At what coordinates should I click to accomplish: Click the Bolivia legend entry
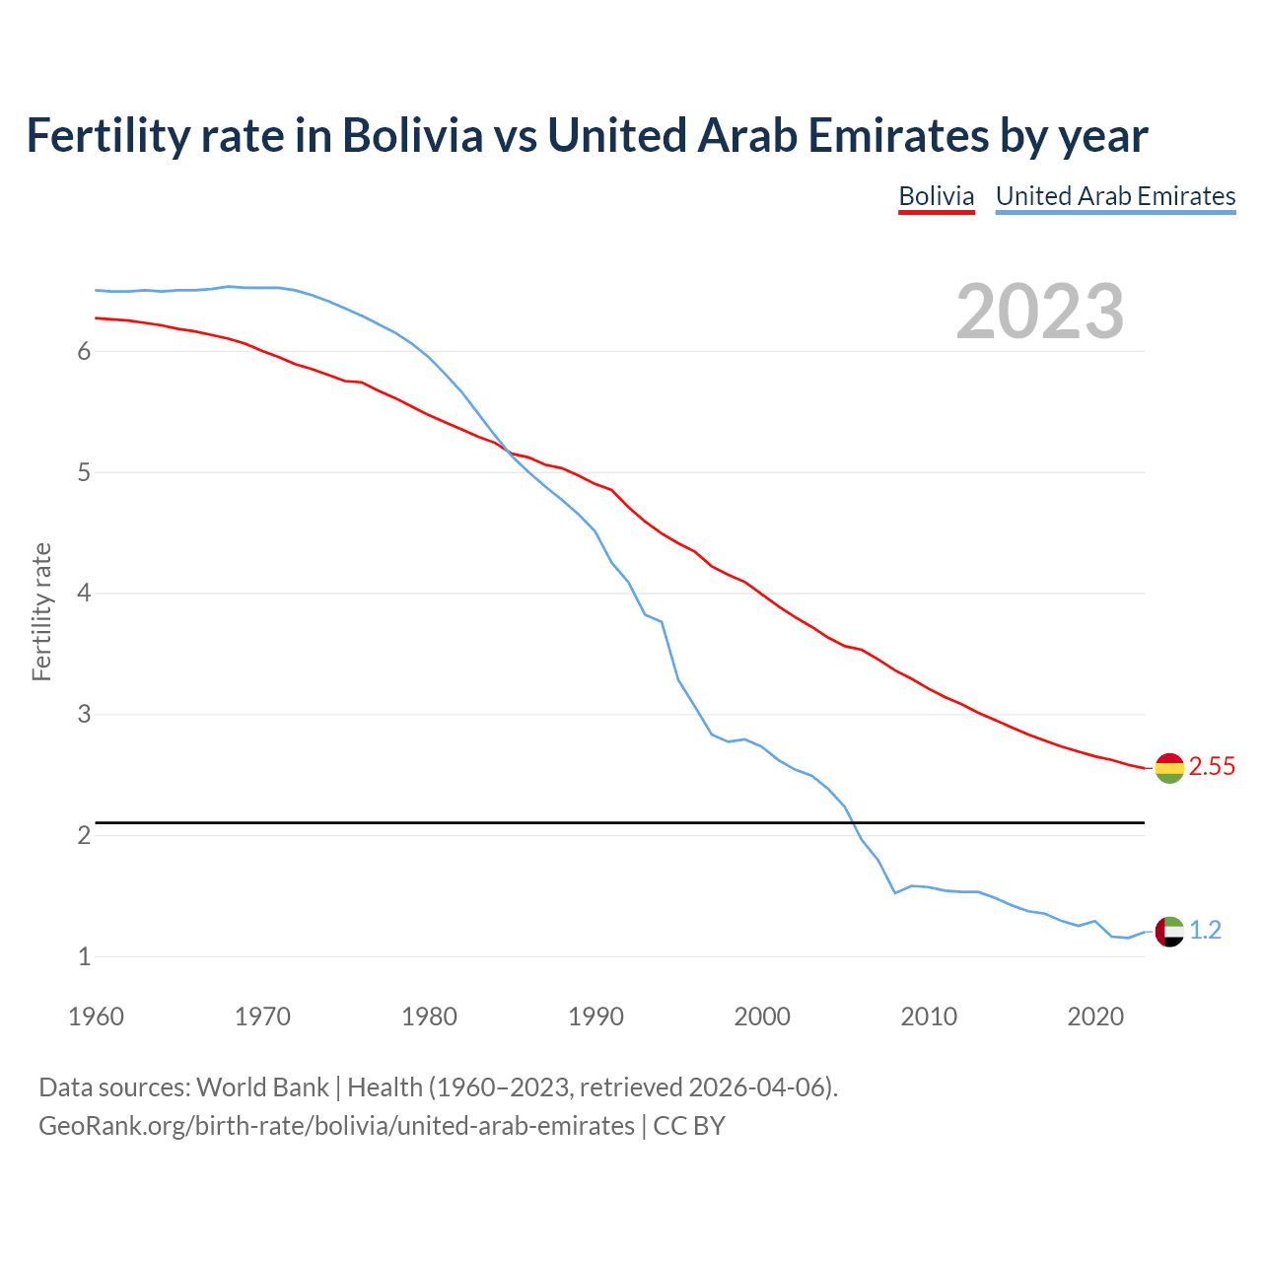[936, 196]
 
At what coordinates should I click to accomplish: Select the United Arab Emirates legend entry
[1115, 196]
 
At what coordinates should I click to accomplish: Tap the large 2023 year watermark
[1039, 312]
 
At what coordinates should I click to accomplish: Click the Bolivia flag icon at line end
[1169, 767]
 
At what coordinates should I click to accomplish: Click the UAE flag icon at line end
[1169, 931]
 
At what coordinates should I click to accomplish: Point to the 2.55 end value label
[1212, 767]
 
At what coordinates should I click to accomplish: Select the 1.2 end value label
[1205, 931]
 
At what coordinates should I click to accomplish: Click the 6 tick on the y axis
[84, 352]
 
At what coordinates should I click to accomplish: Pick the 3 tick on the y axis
[84, 714]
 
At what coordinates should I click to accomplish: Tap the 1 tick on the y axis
[84, 956]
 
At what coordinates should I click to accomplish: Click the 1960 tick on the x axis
[96, 1017]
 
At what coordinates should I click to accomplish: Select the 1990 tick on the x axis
[596, 1017]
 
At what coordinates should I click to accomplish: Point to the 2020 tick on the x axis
[1095, 1017]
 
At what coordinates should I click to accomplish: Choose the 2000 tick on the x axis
[762, 1017]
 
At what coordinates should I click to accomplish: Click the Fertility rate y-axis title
[41, 611]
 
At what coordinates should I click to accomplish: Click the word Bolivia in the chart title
[412, 136]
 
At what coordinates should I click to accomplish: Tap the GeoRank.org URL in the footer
[336, 1125]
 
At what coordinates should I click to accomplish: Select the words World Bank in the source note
[262, 1087]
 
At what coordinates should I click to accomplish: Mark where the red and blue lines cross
[510, 452]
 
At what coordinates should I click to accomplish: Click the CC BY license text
[689, 1125]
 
